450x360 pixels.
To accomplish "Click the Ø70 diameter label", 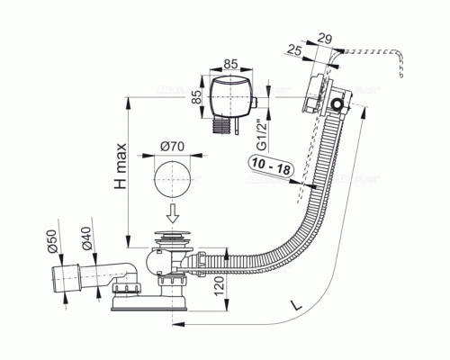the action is coord(172,147).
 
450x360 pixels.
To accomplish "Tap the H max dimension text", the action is coord(121,166).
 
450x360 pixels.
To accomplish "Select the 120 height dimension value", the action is coord(220,286).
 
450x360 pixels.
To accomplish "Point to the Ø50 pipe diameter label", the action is coord(51,241).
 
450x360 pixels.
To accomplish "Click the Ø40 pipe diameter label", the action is coord(86,238).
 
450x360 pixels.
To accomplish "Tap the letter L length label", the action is coord(296,305).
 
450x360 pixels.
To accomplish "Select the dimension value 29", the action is coord(324,40).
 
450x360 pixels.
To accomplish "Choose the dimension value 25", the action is coord(293,49).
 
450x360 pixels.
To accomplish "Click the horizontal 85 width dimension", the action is coord(231,64).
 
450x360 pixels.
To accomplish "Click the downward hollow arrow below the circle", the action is coord(173,213).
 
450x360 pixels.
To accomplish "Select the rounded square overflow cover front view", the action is coord(230,96).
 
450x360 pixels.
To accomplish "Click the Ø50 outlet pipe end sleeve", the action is coord(66,278).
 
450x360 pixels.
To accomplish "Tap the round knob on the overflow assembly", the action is coord(337,104).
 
